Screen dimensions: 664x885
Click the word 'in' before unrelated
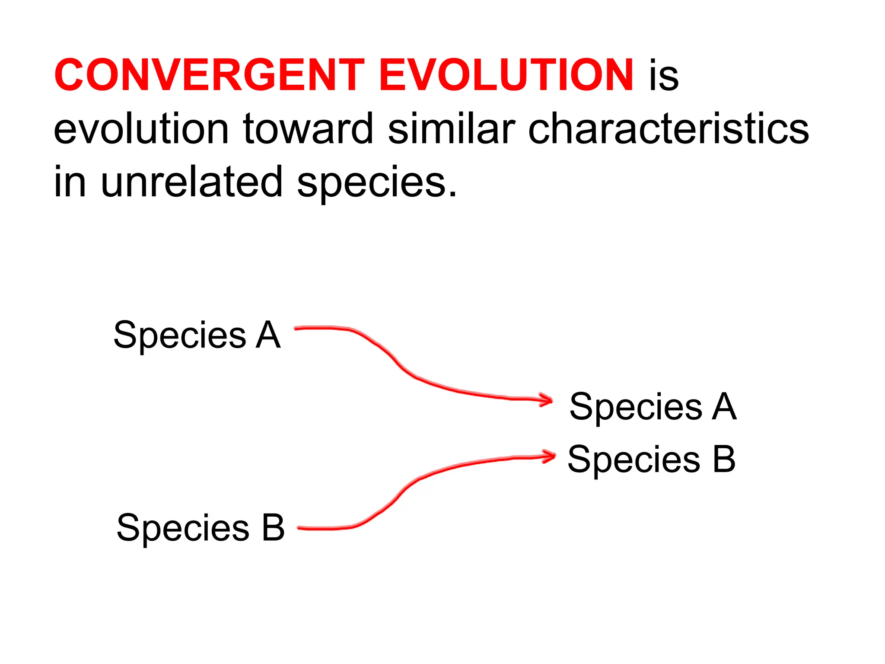click(x=70, y=182)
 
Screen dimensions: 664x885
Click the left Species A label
click(x=197, y=335)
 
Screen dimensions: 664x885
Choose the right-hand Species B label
click(x=651, y=459)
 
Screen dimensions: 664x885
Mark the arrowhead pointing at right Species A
click(x=548, y=400)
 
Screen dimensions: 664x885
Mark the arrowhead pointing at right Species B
click(x=551, y=456)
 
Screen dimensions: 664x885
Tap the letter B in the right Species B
click(x=724, y=459)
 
